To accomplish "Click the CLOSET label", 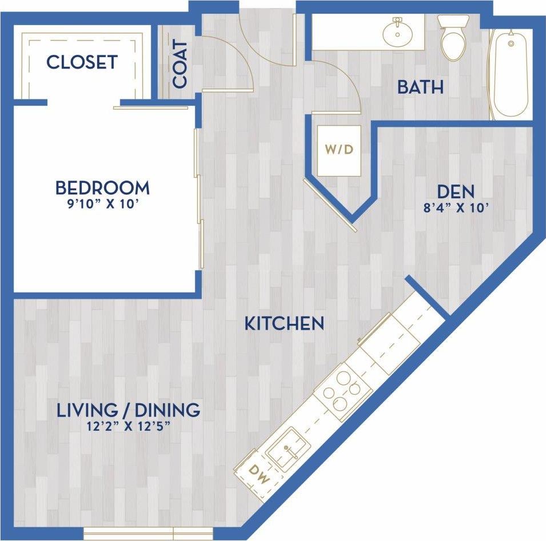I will point(82,62).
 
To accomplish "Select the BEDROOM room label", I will point(102,187).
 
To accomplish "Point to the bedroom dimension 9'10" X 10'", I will point(102,204).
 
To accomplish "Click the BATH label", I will point(420,87).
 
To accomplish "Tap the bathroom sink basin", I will point(397,33).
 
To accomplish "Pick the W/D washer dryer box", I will point(340,150).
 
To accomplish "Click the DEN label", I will point(456,191).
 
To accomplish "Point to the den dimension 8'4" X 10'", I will point(456,207).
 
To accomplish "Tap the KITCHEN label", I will point(284,324).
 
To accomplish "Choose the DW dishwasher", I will point(259,474).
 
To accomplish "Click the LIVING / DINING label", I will point(128,410).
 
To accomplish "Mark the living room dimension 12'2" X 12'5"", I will point(128,426).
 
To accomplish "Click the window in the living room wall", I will point(148,534).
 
